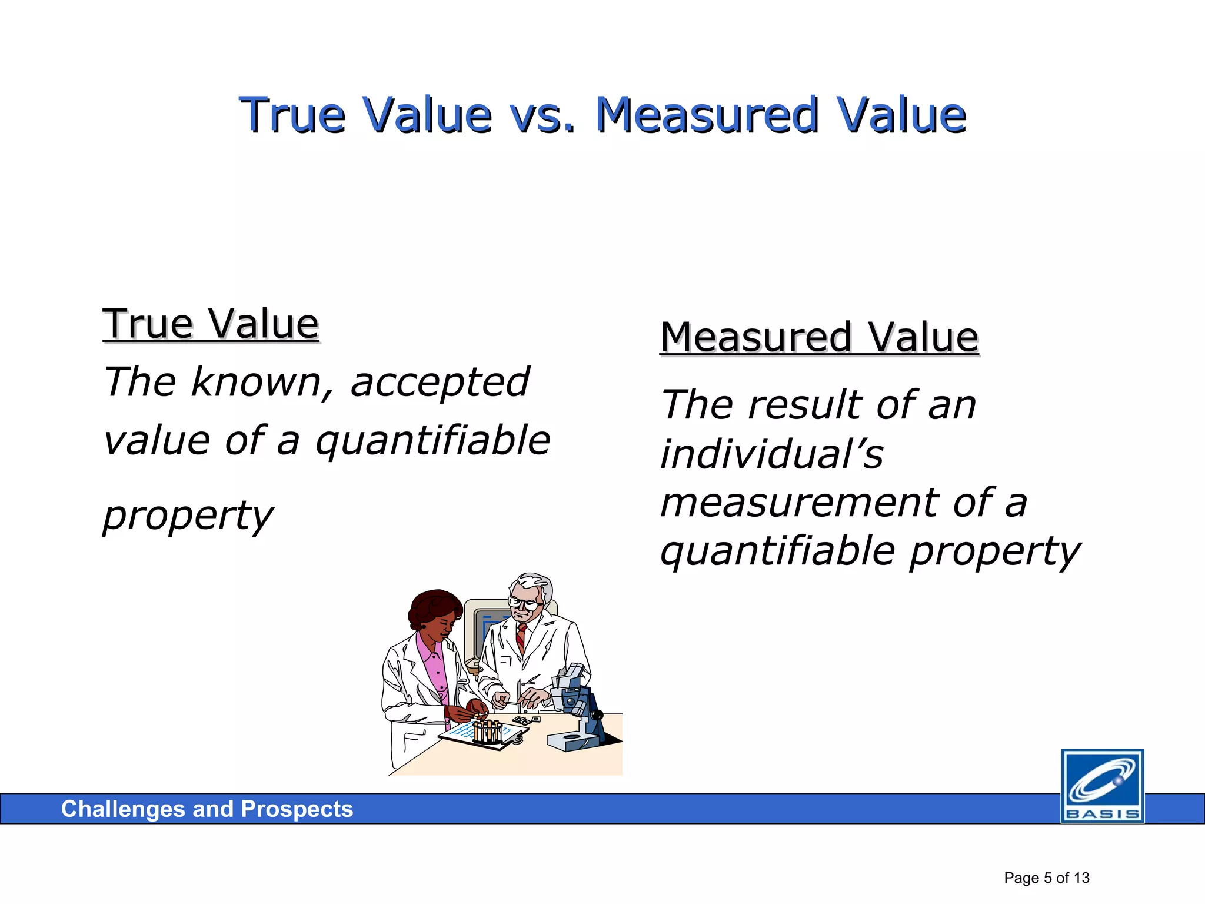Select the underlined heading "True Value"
(211, 324)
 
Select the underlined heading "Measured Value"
(819, 338)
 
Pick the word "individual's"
(771, 454)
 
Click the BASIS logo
(1102, 786)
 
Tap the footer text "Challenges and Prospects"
(207, 809)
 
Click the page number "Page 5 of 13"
(1046, 878)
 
